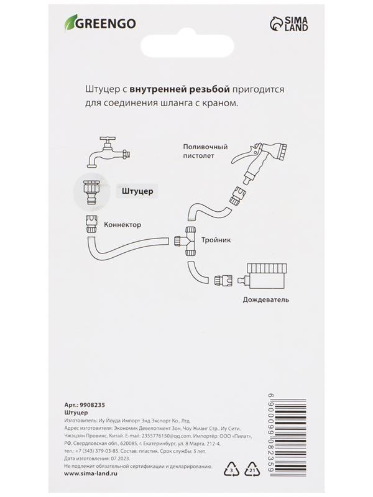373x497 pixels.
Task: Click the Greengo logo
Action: [99, 24]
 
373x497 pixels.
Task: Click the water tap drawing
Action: [106, 152]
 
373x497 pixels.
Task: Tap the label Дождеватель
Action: [266, 299]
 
